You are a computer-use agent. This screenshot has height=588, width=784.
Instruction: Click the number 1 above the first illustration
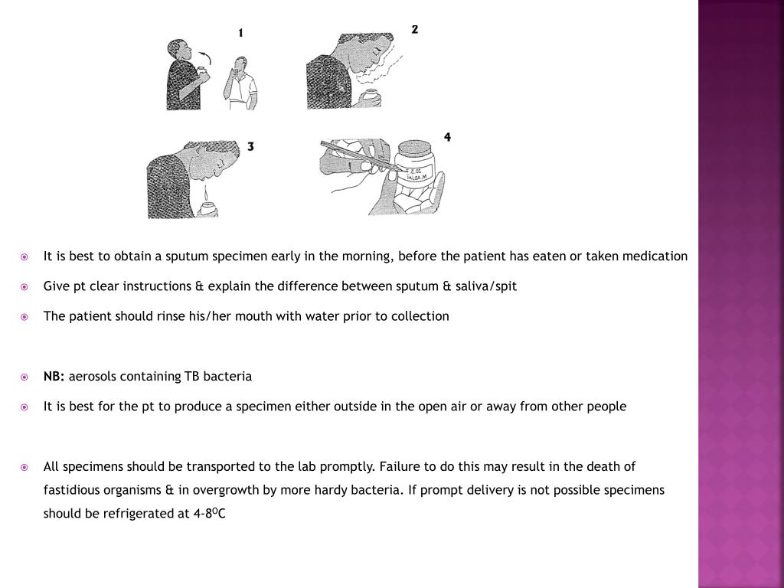pos(241,33)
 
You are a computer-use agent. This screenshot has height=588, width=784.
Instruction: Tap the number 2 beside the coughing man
pos(414,30)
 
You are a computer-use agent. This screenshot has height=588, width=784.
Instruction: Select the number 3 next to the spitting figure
pos(250,146)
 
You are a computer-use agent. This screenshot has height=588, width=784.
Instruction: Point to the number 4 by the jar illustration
pos(447,137)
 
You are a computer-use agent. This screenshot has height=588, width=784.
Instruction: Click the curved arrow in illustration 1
pos(204,58)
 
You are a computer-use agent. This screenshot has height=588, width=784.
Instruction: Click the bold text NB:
pos(54,377)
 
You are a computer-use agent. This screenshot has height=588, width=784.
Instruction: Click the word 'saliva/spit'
pos(486,286)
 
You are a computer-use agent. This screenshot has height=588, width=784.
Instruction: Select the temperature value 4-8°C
pos(211,514)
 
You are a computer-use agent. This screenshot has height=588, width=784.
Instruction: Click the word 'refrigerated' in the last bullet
pos(137,514)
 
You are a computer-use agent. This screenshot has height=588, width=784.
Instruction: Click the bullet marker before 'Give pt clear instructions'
pos(24,286)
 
